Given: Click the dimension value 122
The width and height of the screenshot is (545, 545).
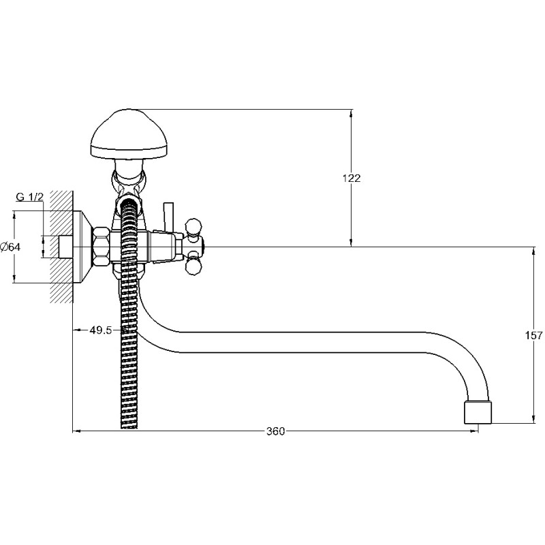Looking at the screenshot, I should coord(352,178).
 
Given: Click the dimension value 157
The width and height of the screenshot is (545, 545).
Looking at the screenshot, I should coord(535,335).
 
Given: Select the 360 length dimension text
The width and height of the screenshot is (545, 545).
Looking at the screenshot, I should coord(275,431).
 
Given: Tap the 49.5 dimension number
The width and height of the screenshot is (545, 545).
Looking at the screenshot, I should coord(100,330).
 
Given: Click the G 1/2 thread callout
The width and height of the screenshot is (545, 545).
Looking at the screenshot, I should coord(30,197).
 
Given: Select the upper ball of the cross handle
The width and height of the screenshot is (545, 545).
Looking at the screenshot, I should coord(193,224).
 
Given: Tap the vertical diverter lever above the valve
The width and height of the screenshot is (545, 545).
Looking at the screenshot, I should coord(166,216).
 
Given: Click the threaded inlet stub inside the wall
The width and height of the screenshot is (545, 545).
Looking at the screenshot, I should coord(65,247).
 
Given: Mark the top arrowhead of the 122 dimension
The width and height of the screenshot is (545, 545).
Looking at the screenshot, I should coord(352,114).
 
